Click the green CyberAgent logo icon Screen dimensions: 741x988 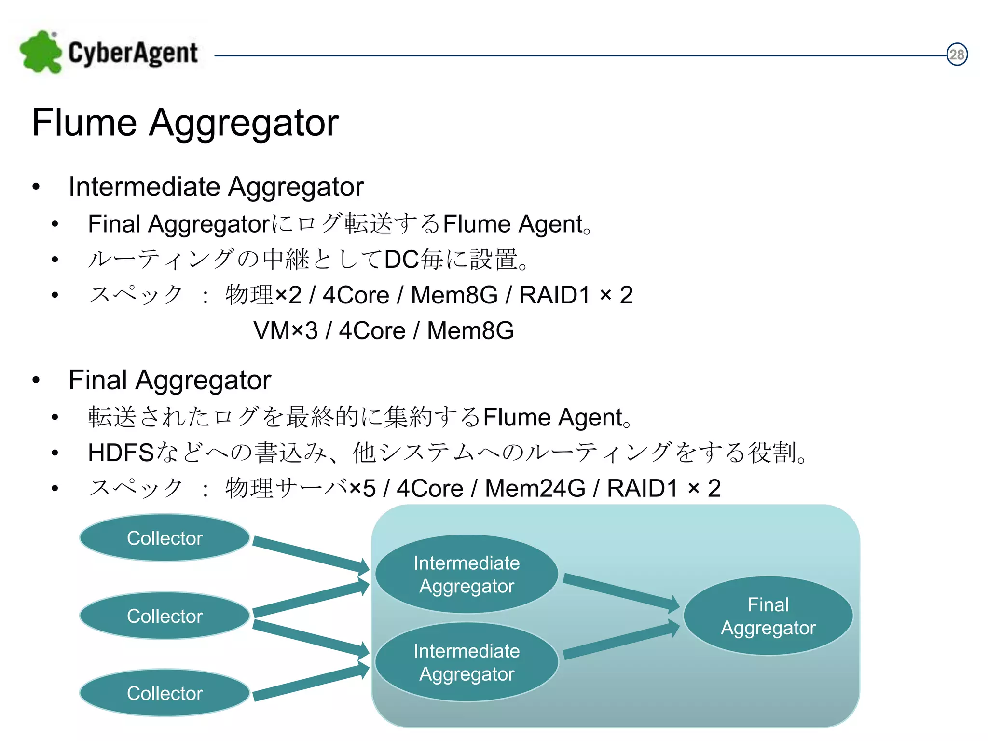click(x=41, y=52)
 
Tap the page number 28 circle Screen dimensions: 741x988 click(x=957, y=55)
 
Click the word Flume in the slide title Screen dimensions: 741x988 click(x=84, y=123)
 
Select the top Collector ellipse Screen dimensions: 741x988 click(x=165, y=538)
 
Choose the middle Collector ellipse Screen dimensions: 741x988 click(x=165, y=616)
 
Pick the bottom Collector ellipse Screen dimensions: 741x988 click(x=165, y=693)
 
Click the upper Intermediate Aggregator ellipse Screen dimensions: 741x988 click(x=467, y=574)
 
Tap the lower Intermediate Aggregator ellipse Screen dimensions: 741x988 click(x=467, y=662)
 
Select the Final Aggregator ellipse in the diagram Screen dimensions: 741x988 click(x=768, y=616)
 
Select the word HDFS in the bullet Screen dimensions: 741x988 click(x=121, y=453)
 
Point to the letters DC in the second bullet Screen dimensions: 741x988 click(x=401, y=260)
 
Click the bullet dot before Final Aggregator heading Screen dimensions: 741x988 click(x=36, y=380)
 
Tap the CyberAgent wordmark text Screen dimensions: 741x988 click(x=133, y=53)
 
